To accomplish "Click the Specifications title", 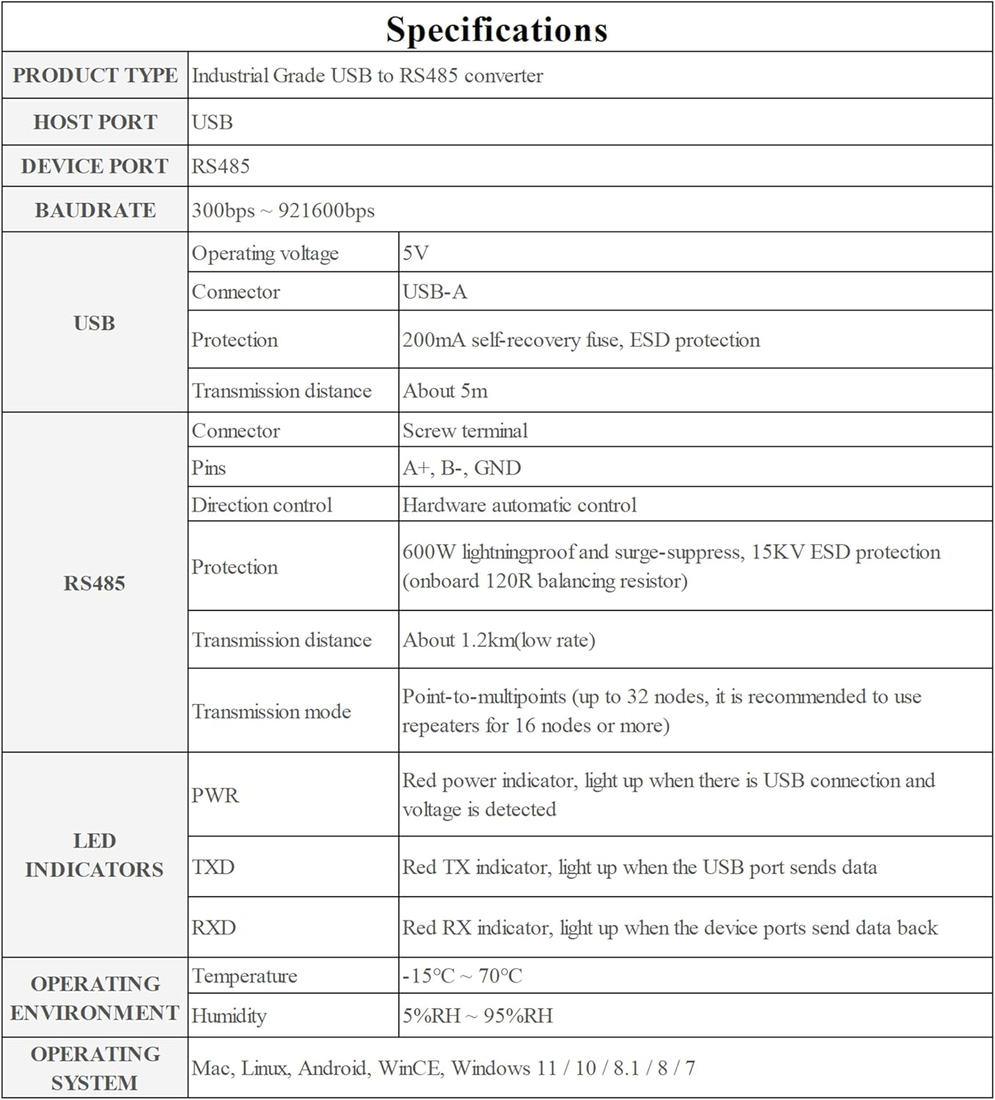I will pyautogui.click(x=497, y=30).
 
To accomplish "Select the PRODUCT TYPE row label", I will pyautogui.click(x=95, y=76).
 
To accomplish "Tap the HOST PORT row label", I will pyautogui.click(x=95, y=122).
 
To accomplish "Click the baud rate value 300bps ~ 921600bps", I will pyautogui.click(x=283, y=210).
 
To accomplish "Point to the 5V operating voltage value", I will pyautogui.click(x=415, y=253).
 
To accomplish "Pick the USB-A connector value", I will pyautogui.click(x=434, y=292).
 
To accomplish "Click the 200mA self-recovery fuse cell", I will pyautogui.click(x=580, y=340).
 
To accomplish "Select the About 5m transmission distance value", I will pyautogui.click(x=445, y=391).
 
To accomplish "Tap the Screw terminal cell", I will pyautogui.click(x=464, y=430).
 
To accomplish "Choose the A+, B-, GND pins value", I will pyautogui.click(x=462, y=468).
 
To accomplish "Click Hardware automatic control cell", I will pyautogui.click(x=519, y=505).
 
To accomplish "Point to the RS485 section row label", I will pyautogui.click(x=95, y=583).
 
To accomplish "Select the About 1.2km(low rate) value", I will pyautogui.click(x=498, y=640).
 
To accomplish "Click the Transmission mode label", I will pyautogui.click(x=271, y=711).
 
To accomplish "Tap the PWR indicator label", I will pyautogui.click(x=215, y=795).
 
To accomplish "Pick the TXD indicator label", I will pyautogui.click(x=213, y=867).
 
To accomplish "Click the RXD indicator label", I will pyautogui.click(x=214, y=928).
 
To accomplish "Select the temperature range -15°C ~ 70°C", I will pyautogui.click(x=462, y=976).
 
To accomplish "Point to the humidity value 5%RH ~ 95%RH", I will pyautogui.click(x=477, y=1016).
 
